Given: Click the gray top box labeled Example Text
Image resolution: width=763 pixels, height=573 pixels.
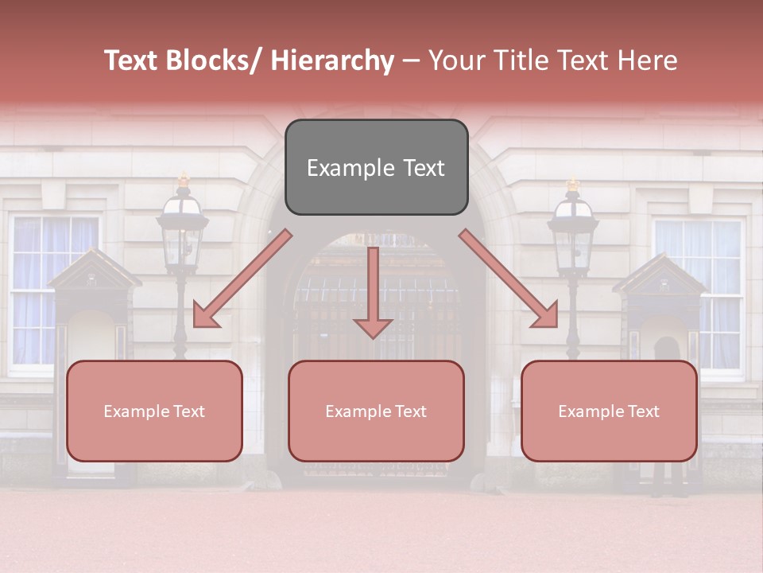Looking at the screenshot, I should point(376,167).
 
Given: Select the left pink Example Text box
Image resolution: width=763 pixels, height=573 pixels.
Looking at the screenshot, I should point(154,411).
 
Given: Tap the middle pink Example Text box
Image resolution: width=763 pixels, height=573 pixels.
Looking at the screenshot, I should point(376,411).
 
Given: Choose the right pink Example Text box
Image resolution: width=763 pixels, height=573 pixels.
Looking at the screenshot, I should point(609,411).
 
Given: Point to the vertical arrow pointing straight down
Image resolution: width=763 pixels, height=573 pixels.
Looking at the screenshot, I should point(373,293).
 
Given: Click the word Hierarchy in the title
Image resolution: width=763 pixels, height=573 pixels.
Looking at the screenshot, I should point(332,61).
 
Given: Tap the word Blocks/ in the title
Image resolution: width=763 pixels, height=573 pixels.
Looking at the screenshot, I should point(216,61).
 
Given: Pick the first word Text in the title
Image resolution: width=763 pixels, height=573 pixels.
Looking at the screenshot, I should point(132,61).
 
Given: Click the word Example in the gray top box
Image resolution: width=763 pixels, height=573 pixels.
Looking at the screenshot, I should point(341,168).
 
